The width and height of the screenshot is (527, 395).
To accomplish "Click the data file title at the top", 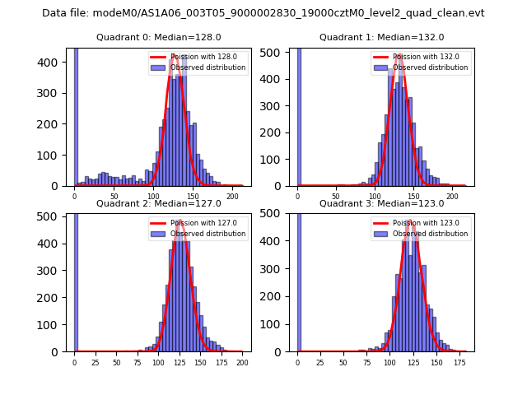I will coord(263,13).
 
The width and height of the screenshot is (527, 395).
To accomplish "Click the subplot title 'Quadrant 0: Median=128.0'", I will coord(158,37).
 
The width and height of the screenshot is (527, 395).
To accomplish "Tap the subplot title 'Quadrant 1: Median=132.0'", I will coord(381,37).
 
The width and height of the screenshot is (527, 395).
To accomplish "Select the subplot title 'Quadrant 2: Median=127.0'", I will coord(158,203).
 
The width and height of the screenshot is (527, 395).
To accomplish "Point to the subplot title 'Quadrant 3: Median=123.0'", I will coord(381,203).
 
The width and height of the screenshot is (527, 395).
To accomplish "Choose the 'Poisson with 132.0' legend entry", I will coord(419,58).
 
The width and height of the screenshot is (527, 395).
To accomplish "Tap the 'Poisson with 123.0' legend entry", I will coord(419,223).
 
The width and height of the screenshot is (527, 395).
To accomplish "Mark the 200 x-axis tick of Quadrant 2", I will coord(241,361).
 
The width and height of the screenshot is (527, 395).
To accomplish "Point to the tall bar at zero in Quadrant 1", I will coord(298,115).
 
